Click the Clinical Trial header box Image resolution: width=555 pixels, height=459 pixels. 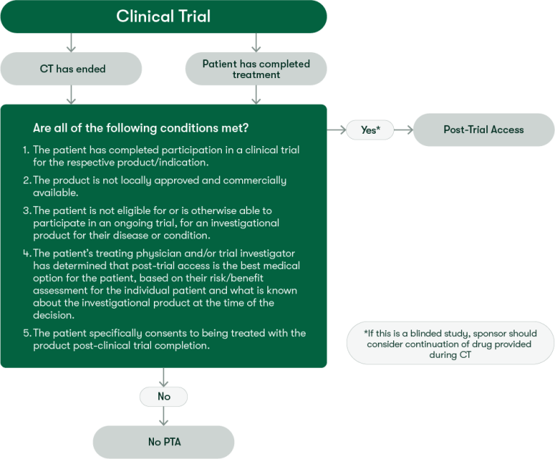(163, 16)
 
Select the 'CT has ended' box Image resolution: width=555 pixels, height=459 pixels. (72, 69)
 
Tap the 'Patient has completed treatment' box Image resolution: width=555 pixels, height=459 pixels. (256, 69)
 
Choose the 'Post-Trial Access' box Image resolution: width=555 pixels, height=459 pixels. (483, 130)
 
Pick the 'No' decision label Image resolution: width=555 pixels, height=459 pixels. (163, 396)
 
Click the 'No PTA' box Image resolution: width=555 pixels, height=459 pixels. (163, 441)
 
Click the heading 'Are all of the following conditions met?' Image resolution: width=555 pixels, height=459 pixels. (142, 128)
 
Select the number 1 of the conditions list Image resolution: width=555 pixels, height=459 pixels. (25, 150)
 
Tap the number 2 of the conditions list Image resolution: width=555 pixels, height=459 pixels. (25, 180)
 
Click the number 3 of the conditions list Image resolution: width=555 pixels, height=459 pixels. (25, 210)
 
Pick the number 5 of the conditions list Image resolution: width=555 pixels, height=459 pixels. (25, 333)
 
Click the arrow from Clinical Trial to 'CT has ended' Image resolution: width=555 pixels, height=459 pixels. (71, 42)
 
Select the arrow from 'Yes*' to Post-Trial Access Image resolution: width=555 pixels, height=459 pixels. (402, 130)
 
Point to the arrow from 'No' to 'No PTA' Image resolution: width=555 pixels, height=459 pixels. (163, 416)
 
